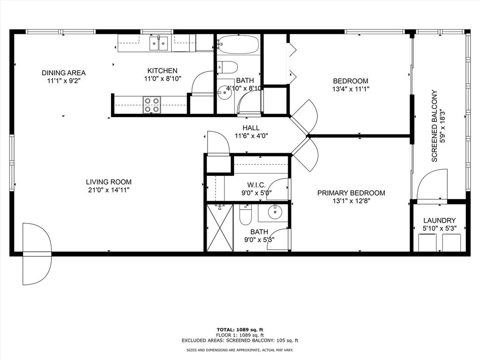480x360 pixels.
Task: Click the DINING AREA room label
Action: click(x=63, y=73)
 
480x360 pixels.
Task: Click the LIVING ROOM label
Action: click(x=108, y=182)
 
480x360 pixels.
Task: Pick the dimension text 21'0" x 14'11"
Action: click(x=108, y=190)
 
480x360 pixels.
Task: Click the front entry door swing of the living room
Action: click(x=37, y=254)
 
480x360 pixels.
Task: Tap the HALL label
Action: click(x=251, y=128)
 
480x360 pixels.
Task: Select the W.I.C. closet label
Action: click(x=256, y=184)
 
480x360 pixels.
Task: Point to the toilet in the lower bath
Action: click(x=246, y=215)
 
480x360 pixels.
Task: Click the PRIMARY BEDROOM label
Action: click(x=351, y=193)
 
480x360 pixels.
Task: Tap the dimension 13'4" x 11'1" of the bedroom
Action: click(x=351, y=89)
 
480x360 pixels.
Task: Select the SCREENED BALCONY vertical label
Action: click(x=434, y=126)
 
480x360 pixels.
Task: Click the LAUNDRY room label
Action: click(x=439, y=220)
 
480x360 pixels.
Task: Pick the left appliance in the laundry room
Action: click(x=427, y=242)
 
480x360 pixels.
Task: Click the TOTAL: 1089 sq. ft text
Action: click(x=240, y=330)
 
